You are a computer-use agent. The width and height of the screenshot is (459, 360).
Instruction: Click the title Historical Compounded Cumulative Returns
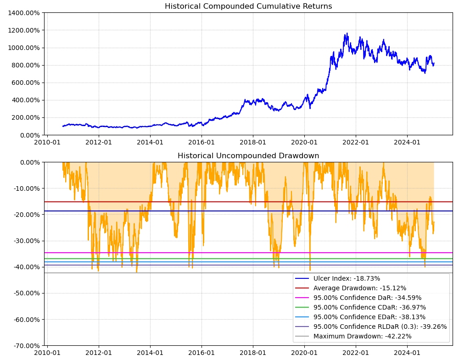[x=248, y=6]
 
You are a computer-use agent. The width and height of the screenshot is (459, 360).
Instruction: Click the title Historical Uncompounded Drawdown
[x=248, y=156]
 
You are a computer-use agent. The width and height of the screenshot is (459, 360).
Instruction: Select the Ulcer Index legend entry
[x=347, y=278]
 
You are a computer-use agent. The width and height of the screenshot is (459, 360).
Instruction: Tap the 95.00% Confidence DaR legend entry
[x=367, y=298]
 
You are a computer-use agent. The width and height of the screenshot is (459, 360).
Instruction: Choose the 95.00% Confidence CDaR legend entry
[x=369, y=307]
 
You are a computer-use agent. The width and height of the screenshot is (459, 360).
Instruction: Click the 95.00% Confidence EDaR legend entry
[x=369, y=317]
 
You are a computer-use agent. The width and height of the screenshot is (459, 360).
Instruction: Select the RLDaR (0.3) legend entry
[x=380, y=327]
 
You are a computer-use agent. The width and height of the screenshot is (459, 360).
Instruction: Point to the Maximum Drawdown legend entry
[x=362, y=336]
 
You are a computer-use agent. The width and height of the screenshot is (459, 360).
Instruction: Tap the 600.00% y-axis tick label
[x=25, y=83]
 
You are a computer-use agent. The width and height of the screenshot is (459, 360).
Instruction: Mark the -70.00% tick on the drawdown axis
[x=25, y=346]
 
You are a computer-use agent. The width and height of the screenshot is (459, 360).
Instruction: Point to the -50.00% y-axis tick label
[x=25, y=293]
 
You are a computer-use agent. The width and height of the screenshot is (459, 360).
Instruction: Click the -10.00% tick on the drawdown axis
[x=25, y=188]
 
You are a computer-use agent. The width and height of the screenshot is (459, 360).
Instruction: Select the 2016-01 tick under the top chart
[x=202, y=143]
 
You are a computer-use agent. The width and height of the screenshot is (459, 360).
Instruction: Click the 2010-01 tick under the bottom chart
[x=47, y=353]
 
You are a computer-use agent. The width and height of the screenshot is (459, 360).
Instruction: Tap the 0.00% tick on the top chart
[x=29, y=135]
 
